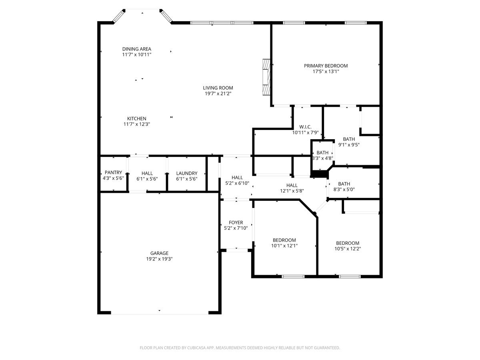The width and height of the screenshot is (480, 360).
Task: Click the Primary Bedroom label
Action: point(326,66)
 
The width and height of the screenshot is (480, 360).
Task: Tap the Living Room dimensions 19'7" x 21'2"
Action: point(218,94)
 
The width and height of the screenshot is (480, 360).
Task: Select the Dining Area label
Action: point(137,49)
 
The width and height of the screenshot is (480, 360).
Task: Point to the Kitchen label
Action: point(137,118)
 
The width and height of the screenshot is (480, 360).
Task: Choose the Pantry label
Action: point(113,173)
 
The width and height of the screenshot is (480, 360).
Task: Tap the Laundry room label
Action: point(187,173)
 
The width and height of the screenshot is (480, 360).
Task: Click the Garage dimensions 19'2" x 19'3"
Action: point(159,259)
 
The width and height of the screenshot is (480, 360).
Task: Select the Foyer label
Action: point(236,222)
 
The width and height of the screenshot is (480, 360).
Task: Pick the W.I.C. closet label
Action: point(305,127)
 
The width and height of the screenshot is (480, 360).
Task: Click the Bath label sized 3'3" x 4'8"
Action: point(322,153)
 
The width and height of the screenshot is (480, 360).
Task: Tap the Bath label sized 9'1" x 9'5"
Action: point(349,139)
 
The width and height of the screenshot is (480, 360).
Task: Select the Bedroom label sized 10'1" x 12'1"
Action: point(284,240)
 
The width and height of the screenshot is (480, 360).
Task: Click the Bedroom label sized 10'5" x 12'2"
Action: point(348,243)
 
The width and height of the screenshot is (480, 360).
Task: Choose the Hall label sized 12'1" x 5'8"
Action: point(292,185)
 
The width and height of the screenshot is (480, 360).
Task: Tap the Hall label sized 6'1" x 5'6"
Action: point(147,173)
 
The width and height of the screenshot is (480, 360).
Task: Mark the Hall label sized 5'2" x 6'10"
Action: point(237,178)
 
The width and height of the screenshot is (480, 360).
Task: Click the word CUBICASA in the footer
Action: point(196,348)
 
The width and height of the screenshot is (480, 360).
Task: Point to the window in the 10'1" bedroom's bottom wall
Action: point(293,276)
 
